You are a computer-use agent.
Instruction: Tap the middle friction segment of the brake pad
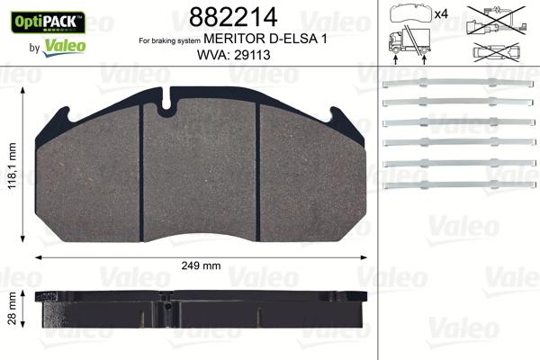tap(201, 170)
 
